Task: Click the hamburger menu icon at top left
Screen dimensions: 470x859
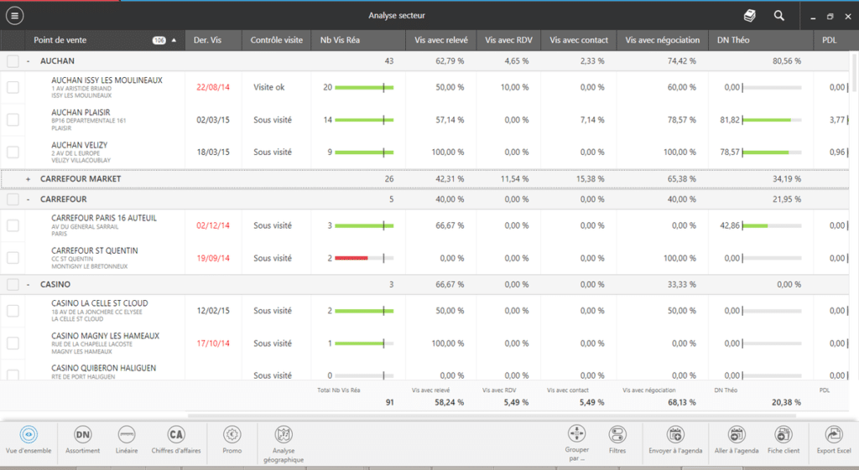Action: coord(14,15)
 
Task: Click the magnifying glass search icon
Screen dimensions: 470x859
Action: coord(779,15)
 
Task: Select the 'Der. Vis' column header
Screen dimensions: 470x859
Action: coord(207,39)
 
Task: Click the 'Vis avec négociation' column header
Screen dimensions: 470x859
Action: coord(663,39)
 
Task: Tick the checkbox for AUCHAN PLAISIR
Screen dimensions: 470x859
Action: coord(13,120)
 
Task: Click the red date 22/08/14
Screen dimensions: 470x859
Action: coord(212,87)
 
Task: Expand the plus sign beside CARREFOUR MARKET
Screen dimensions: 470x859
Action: coord(29,178)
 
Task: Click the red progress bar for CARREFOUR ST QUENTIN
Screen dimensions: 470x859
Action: coord(351,259)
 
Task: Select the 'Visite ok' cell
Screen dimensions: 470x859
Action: coord(269,87)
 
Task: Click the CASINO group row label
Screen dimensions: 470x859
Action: coord(55,285)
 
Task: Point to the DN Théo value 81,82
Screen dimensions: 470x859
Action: coord(730,120)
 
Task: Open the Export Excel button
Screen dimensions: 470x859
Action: coord(833,439)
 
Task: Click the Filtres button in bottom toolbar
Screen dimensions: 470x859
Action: coord(617,439)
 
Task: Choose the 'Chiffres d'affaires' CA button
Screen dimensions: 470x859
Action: coord(175,439)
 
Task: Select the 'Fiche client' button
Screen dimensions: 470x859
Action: coord(783,439)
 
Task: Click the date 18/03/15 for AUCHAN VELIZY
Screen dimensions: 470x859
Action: coord(212,152)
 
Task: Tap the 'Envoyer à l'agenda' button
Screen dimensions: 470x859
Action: coord(674,439)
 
